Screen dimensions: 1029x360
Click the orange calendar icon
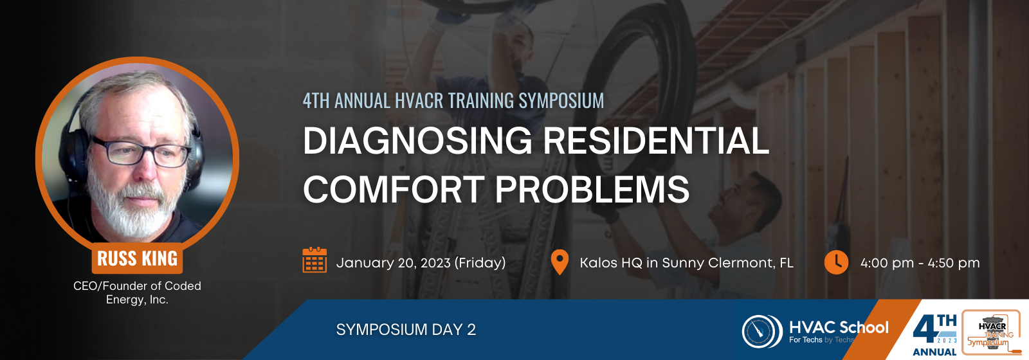point(314,260)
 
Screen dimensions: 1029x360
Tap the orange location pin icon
point(560,262)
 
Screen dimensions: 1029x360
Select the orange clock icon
point(836,262)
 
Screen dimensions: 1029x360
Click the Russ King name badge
point(137,258)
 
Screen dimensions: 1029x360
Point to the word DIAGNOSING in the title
point(417,141)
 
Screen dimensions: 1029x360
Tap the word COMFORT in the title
point(394,189)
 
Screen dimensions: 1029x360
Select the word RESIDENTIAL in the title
point(656,141)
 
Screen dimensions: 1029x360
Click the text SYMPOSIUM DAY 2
point(406,330)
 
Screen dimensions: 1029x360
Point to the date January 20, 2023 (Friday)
point(421,263)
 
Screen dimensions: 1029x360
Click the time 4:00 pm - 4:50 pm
point(920,263)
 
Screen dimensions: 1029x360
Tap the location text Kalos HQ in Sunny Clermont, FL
point(686,263)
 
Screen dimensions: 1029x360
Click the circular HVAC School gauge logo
point(762,331)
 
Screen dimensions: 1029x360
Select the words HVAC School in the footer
point(839,327)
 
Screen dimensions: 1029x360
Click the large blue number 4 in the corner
point(925,331)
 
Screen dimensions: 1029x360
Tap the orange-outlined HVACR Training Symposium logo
point(991,332)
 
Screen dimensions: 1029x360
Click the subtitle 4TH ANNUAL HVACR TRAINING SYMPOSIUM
point(453,101)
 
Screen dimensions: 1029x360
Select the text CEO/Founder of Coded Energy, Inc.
point(137,292)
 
